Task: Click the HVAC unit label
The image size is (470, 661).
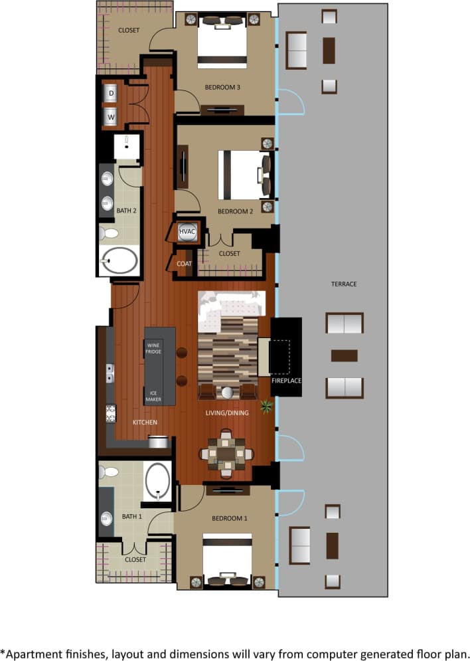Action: (x=187, y=231)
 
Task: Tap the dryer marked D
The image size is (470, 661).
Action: (x=112, y=94)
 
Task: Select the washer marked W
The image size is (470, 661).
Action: (x=112, y=116)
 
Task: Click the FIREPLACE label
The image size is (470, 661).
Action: (x=287, y=381)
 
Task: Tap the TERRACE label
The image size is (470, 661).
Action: (x=344, y=284)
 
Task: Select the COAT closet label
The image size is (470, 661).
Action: (x=184, y=264)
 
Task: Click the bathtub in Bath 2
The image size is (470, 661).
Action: (x=120, y=260)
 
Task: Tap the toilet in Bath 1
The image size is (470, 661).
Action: (x=109, y=472)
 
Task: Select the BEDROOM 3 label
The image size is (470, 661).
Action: (x=222, y=88)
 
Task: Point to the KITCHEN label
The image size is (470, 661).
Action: (x=145, y=422)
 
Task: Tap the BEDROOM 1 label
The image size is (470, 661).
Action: (x=229, y=518)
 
